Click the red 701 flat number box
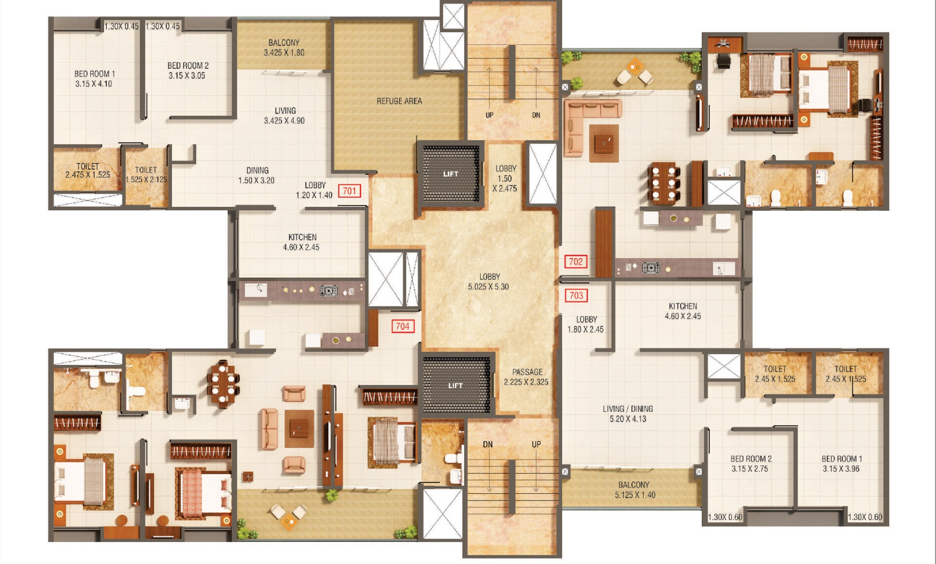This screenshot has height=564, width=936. coord(349,191)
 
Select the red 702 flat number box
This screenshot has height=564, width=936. coord(576,262)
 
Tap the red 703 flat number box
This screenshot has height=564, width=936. coord(576,295)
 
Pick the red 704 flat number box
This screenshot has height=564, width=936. coord(403,326)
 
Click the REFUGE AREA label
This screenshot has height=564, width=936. coord(399,101)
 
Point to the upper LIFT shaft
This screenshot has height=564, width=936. coord(450,173)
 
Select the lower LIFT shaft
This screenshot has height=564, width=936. coord(456,385)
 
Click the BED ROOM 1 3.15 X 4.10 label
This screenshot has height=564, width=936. coord(94,79)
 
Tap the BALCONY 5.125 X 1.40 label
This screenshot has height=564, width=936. coord(634,490)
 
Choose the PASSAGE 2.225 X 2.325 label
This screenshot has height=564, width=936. coord(526,377)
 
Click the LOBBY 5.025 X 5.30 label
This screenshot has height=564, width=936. coord(488,282)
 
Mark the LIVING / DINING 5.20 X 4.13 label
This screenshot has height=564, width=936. coord(628,414)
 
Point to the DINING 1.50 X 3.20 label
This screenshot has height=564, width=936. coord(257,175)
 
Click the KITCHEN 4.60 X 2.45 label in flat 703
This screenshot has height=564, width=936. coord(683,311)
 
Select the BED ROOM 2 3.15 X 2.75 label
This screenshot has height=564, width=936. coord(751,464)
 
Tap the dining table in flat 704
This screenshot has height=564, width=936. coord(223,383)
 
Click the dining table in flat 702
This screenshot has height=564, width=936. coord(664,183)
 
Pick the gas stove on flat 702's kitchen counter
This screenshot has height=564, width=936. coord(651,267)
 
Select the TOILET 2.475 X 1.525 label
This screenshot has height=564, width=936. coord(88,170)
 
